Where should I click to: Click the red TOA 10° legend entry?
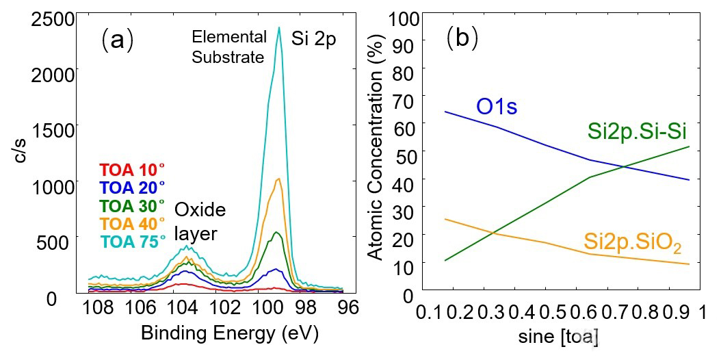click(132, 169)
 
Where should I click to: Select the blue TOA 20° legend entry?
click(132, 187)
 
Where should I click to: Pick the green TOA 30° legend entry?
click(132, 205)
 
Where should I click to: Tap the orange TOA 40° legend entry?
click(132, 223)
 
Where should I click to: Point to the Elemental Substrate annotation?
click(228, 47)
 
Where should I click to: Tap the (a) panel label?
click(117, 40)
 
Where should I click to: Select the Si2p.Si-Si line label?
click(637, 130)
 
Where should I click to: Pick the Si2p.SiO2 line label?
click(633, 242)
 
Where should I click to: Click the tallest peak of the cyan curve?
click(279, 28)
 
